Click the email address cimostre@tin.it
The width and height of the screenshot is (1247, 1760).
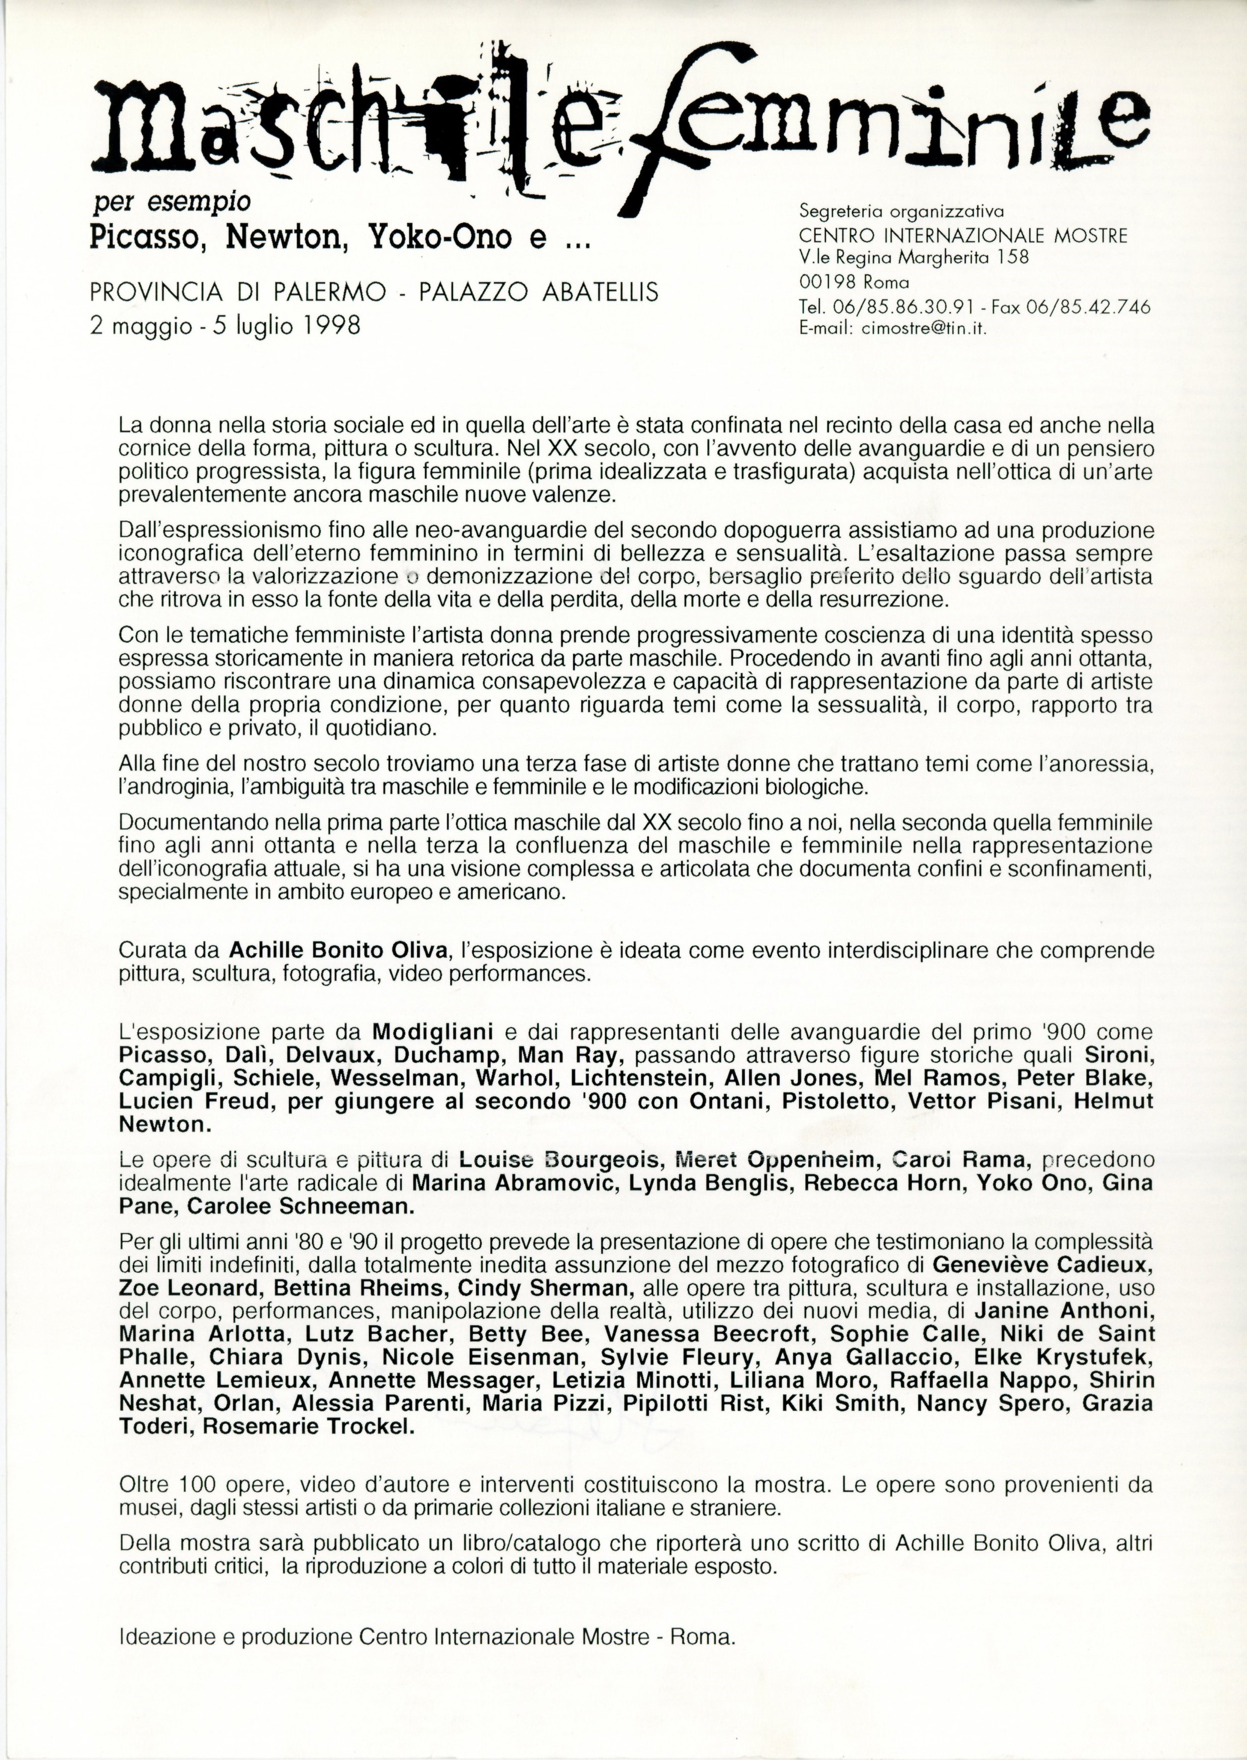point(928,328)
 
